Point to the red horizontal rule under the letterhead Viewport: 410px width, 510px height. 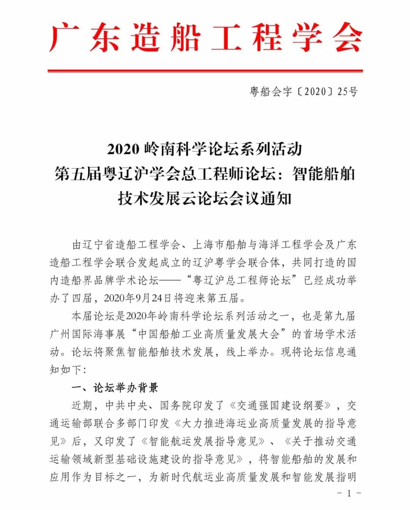click(205, 71)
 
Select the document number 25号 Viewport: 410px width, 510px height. click(347, 91)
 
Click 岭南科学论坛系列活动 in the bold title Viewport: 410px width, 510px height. click(224, 149)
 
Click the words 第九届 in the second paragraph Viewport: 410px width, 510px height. click(340, 316)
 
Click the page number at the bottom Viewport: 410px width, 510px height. click(348, 493)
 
